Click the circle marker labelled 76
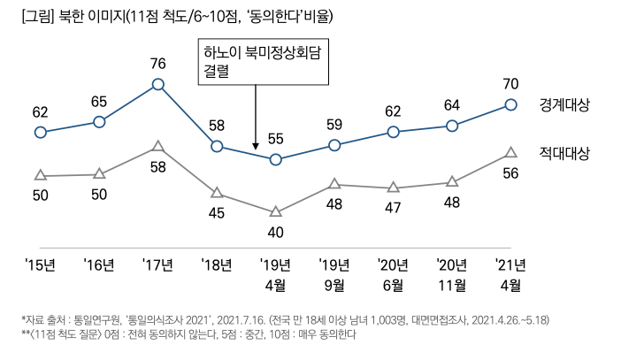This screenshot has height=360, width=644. click(x=157, y=84)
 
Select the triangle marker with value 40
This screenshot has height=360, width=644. click(x=275, y=211)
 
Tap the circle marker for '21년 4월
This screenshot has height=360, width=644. click(x=510, y=104)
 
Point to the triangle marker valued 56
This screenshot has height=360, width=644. click(x=510, y=153)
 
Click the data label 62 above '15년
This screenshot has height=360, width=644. click(x=40, y=112)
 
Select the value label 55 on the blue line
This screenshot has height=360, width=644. click(x=275, y=139)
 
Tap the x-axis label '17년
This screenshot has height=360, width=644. click(x=157, y=264)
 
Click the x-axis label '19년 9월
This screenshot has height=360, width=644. click(x=334, y=274)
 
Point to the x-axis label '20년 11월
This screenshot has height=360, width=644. click(x=452, y=274)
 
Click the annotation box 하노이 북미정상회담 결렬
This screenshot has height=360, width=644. click(x=257, y=62)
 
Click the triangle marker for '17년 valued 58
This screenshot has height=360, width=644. click(x=157, y=145)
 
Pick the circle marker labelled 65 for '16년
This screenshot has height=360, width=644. click(x=98, y=121)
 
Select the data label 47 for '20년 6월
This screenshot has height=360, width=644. click(x=393, y=209)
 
